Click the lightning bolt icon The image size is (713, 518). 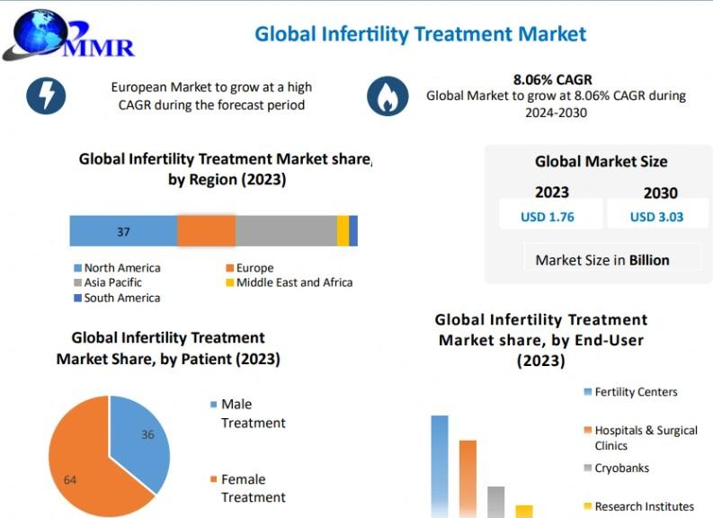(x=46, y=94)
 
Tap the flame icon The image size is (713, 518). (x=388, y=96)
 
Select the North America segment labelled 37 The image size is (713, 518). (x=123, y=231)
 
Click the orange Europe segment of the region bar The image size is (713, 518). (x=206, y=231)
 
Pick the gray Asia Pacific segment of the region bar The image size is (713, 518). (x=286, y=231)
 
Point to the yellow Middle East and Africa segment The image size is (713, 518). (x=343, y=231)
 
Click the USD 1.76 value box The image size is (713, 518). (x=548, y=217)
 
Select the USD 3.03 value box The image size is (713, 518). (x=656, y=217)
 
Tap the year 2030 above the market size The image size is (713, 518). (x=660, y=192)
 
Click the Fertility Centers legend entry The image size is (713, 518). (x=630, y=392)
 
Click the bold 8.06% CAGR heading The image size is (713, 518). (x=552, y=80)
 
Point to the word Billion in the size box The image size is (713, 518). (x=649, y=260)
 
